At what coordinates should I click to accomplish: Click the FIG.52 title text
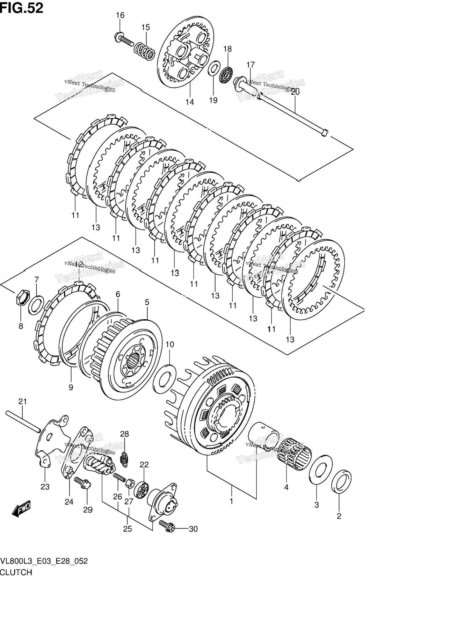[x=22, y=8]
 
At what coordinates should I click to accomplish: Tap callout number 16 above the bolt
[x=120, y=15]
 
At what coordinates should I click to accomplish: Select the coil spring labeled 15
[x=145, y=51]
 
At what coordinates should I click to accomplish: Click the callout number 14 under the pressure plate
[x=189, y=102]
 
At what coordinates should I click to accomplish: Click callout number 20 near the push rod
[x=295, y=92]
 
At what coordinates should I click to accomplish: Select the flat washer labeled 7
[x=36, y=304]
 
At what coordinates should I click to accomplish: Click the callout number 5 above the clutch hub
[x=147, y=302]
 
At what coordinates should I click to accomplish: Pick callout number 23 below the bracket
[x=45, y=487]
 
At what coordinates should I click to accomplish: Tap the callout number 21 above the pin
[x=22, y=402]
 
